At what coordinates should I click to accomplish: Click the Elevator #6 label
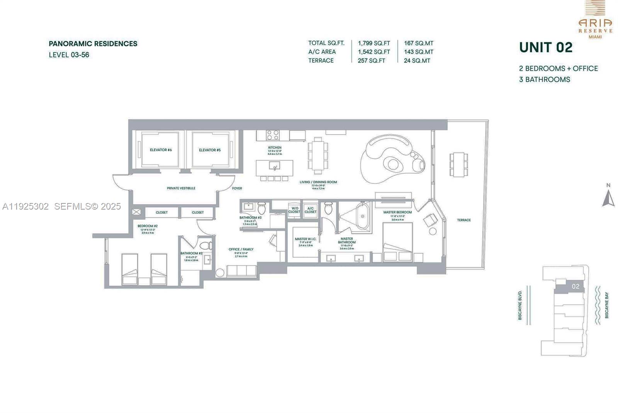161,150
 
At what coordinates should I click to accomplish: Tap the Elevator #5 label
210,150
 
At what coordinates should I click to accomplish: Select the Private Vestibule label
181,188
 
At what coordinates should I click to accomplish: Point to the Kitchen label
275,147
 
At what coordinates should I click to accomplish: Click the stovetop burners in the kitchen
273,135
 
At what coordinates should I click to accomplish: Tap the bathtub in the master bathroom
362,217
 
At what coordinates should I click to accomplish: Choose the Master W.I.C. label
305,239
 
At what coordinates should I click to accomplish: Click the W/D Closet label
294,210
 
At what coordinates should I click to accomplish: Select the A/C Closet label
311,210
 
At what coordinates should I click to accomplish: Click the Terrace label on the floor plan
464,220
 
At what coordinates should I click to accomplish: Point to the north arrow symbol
608,198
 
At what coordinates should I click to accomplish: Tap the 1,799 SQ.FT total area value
374,43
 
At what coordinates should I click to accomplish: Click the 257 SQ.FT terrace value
371,61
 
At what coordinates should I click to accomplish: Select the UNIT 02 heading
545,47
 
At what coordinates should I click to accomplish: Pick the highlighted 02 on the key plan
575,286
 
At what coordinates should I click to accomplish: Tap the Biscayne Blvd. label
520,305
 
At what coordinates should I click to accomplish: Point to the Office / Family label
241,249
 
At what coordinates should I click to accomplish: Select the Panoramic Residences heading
93,44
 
